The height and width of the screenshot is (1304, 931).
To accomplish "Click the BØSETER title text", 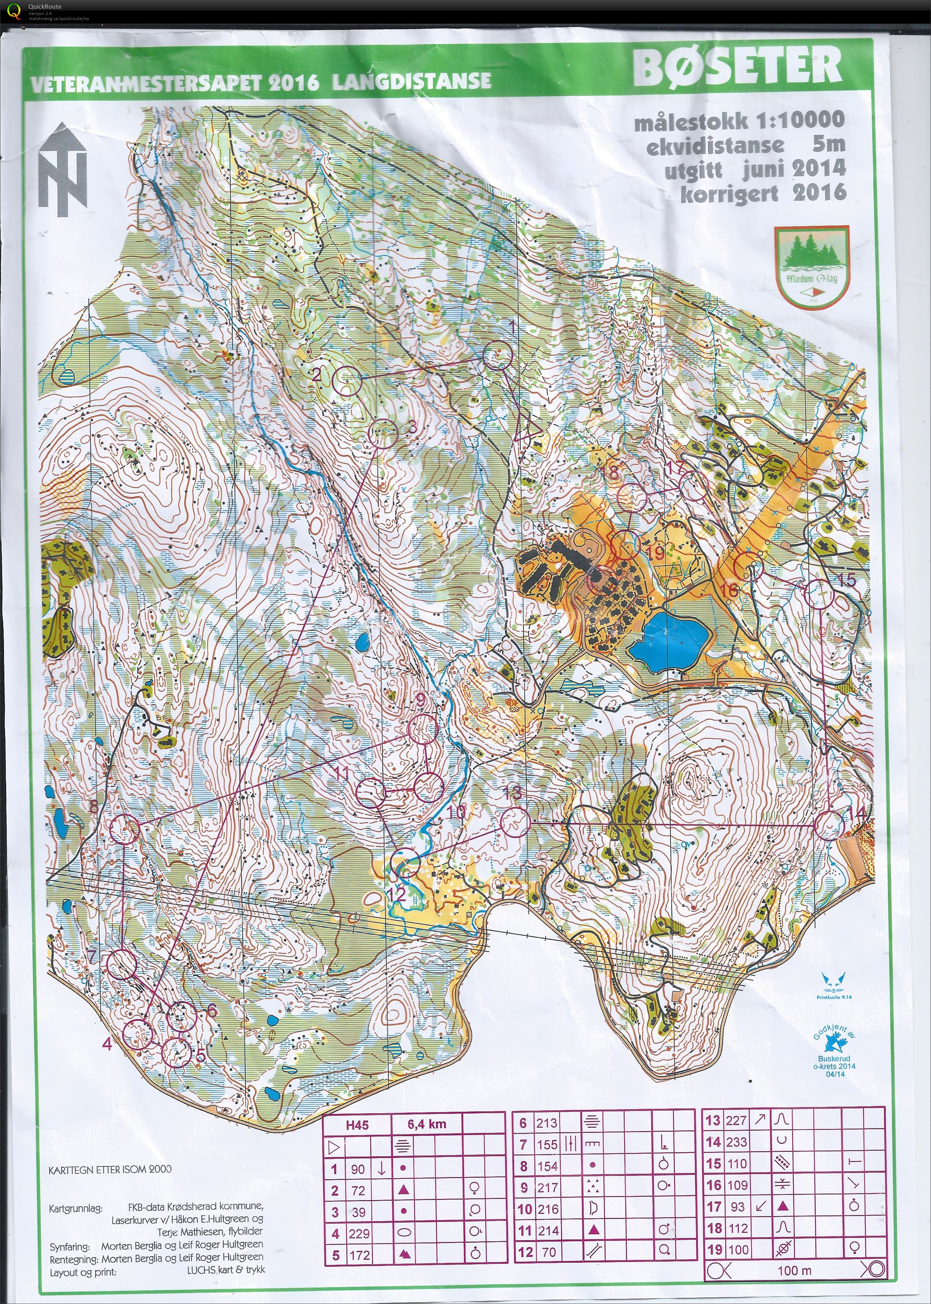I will (x=737, y=67).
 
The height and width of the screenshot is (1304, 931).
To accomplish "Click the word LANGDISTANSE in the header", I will (x=411, y=81).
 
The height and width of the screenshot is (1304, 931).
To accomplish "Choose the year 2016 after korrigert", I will (x=819, y=192).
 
